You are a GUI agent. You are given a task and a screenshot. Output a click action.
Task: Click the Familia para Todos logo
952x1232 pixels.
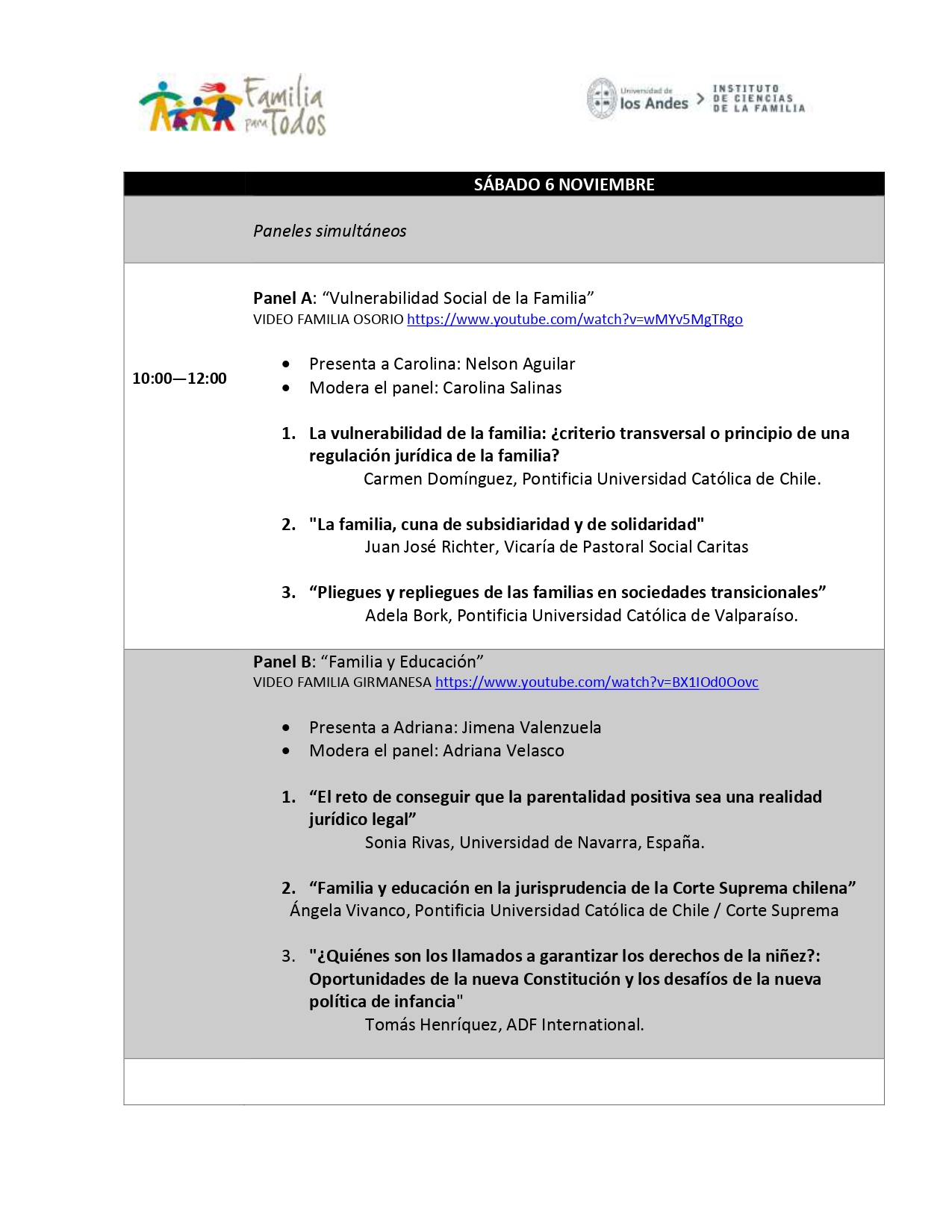(x=232, y=105)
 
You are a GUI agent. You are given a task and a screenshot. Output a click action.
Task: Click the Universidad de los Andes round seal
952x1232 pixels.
(x=601, y=99)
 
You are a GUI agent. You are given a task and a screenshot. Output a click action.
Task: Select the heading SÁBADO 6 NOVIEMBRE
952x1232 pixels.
(x=564, y=184)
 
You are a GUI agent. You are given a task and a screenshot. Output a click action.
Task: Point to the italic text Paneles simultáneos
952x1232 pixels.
(x=329, y=231)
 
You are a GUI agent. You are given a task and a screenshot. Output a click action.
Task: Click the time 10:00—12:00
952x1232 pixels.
(x=179, y=379)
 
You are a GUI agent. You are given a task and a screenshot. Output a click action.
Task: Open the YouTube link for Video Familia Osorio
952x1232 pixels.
(x=574, y=320)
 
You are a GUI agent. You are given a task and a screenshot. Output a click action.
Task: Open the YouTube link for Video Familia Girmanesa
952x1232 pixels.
(x=597, y=682)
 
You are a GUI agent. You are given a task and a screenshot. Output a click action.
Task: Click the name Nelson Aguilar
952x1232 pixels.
(x=520, y=364)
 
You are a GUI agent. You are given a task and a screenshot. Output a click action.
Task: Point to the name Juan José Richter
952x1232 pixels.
(x=429, y=547)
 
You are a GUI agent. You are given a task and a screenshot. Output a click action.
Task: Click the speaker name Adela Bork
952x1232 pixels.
(x=407, y=616)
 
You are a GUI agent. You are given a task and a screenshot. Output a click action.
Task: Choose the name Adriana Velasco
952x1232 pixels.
(x=503, y=751)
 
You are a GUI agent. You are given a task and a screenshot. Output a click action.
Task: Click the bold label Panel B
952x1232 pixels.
(x=281, y=662)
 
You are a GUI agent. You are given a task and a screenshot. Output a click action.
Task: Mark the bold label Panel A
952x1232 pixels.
(x=282, y=299)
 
